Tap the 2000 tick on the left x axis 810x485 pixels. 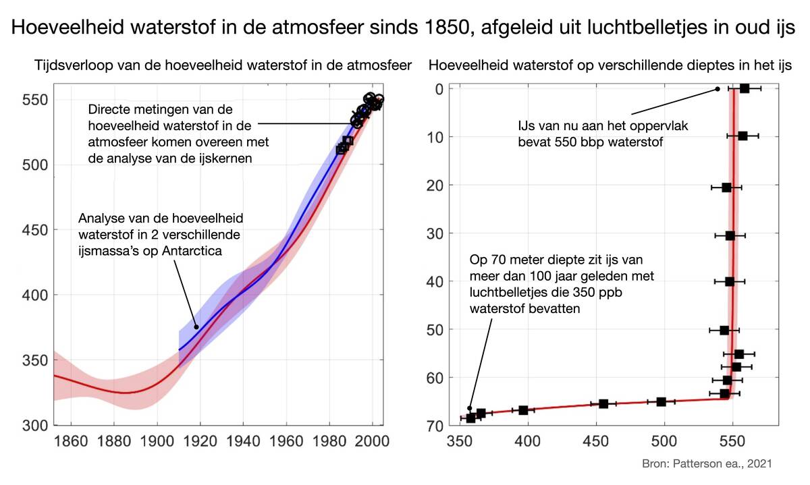point(373,442)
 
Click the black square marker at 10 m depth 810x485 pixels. point(742,136)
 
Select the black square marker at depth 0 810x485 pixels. point(745,88)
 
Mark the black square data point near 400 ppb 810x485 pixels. point(523,410)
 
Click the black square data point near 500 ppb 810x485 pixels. point(661,401)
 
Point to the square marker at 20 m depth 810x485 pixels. point(726,188)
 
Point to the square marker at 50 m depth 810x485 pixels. point(724,330)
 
